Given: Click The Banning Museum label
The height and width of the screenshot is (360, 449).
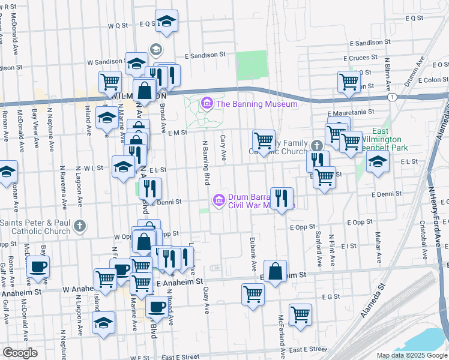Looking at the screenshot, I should click(x=257, y=104).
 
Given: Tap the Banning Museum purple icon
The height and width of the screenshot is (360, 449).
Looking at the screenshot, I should click(x=207, y=104).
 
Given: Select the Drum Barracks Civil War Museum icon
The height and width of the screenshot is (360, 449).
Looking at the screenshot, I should click(x=219, y=199).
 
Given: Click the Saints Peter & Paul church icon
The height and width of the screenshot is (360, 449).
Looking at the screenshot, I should click(x=80, y=227).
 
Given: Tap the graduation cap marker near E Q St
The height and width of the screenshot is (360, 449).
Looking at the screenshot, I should click(x=167, y=22).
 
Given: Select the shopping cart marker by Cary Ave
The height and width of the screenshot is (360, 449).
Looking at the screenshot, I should click(x=264, y=141).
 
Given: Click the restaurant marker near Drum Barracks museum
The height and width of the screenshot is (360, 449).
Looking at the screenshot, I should click(x=281, y=197).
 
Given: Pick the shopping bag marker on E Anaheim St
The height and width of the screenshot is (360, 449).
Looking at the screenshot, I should click(x=275, y=271).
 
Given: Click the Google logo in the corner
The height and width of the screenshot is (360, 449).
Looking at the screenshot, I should click(x=20, y=353).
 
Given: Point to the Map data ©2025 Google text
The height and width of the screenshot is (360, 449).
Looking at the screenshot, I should click(x=412, y=355).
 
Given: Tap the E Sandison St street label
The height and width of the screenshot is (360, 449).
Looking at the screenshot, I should click(x=205, y=54).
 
